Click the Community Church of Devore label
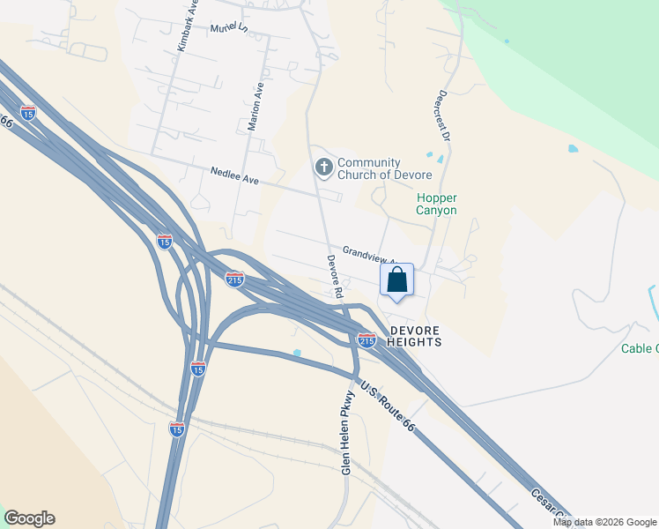369,168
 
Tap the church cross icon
324,167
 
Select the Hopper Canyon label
436,205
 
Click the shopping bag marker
396,281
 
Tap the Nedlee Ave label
234,176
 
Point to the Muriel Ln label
230,29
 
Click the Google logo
29,518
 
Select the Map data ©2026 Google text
604,522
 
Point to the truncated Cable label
639,348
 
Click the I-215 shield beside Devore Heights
367,339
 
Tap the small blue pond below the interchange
297,354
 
